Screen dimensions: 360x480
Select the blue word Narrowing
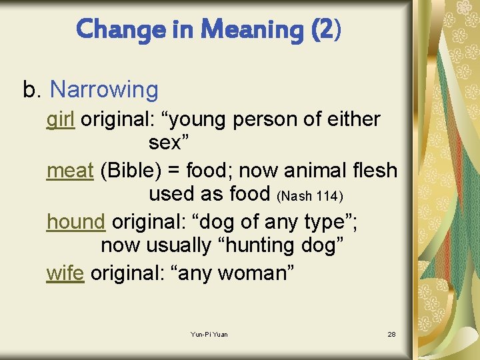coord(104,89)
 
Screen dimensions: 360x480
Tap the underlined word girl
coord(60,120)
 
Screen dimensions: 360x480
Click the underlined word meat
coord(70,171)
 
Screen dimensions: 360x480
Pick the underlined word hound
coord(76,221)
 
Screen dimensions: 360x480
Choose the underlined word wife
coord(65,273)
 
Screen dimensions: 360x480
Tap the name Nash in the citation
coord(295,196)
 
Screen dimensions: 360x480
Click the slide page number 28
coord(391,334)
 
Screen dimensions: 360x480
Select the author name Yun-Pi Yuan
coord(209,334)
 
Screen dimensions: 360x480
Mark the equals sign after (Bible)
coord(173,171)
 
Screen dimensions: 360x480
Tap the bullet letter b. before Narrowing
coord(31,89)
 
